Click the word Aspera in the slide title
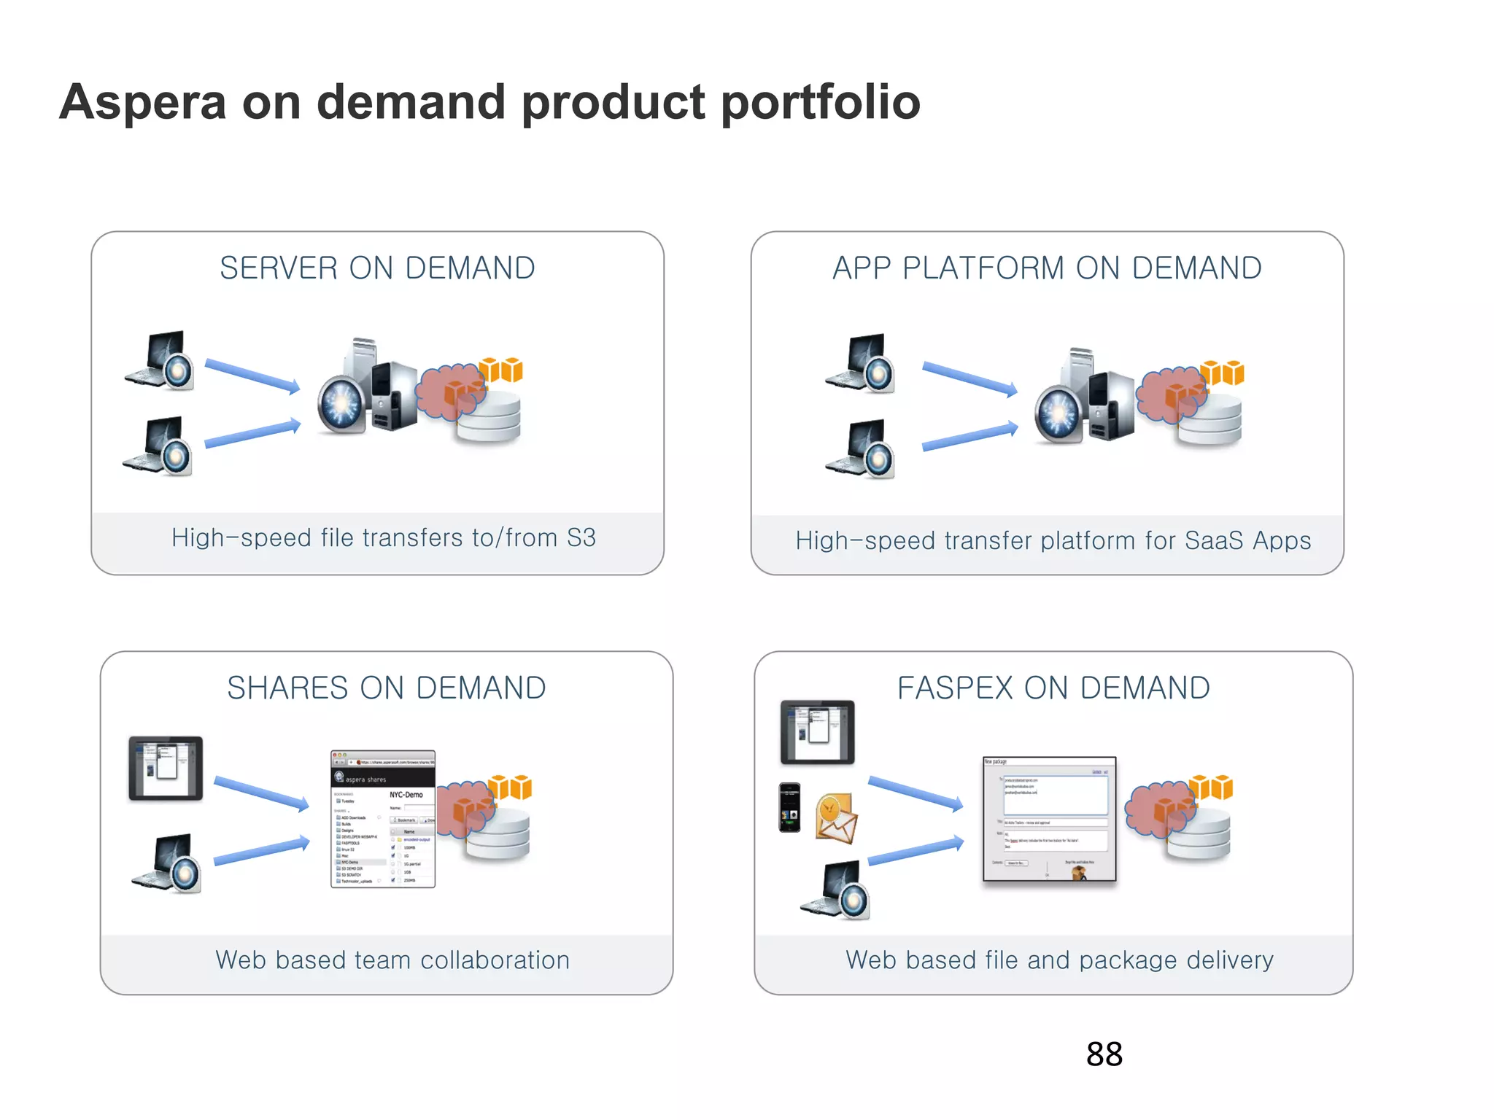point(143,103)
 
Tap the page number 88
point(1104,1054)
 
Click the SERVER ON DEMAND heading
point(377,268)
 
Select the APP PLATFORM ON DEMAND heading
point(1047,268)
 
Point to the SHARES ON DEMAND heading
point(386,688)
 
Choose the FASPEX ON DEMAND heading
point(1053,688)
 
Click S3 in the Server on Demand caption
point(581,538)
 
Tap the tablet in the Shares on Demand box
point(166,769)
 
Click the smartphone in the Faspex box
point(789,807)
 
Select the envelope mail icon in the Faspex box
point(836,819)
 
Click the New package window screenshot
point(1049,819)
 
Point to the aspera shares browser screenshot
point(382,819)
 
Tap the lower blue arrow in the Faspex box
point(916,852)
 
